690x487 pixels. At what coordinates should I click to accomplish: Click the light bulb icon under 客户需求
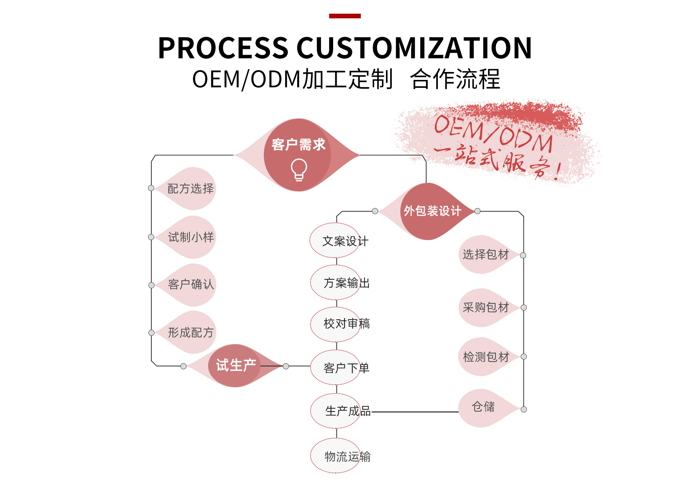pos(299,170)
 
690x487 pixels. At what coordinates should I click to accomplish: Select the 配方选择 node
pos(190,189)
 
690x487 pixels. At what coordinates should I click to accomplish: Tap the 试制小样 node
pos(191,237)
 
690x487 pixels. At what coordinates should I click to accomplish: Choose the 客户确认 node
pos(191,285)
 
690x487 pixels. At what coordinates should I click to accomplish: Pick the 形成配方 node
pos(191,333)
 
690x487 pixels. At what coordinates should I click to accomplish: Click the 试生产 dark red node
pos(236,366)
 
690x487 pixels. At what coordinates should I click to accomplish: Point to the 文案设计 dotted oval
pos(336,240)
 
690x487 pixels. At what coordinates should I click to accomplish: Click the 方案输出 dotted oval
pos(336,283)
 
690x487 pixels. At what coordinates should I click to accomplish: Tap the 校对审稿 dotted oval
pos(336,324)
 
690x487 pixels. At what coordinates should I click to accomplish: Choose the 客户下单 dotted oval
pos(336,367)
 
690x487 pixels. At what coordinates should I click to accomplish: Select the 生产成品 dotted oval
pos(336,411)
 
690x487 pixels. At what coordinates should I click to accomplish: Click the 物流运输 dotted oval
pos(336,456)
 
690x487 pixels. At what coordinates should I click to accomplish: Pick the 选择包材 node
pos(486,254)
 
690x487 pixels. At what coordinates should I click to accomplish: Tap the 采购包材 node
pos(486,307)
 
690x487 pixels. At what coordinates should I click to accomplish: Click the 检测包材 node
pos(486,357)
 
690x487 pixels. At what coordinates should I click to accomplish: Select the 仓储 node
pos(483,407)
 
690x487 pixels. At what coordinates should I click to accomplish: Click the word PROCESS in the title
pos(223,48)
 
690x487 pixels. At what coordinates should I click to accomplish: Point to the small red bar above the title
pos(345,16)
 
